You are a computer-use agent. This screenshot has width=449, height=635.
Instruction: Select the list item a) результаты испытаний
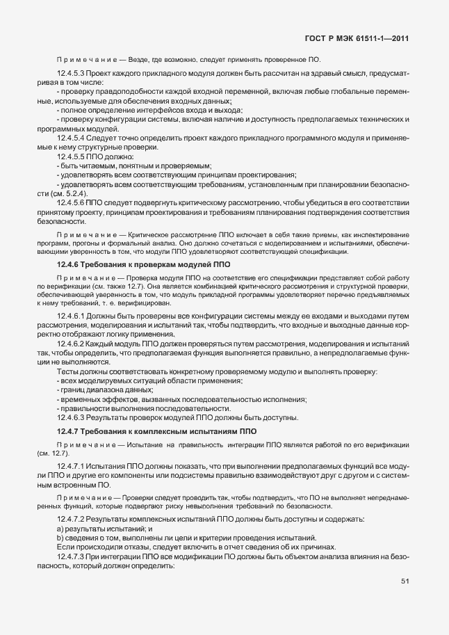tap(105, 529)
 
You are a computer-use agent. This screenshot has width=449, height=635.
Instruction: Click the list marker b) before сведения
tap(60, 538)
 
